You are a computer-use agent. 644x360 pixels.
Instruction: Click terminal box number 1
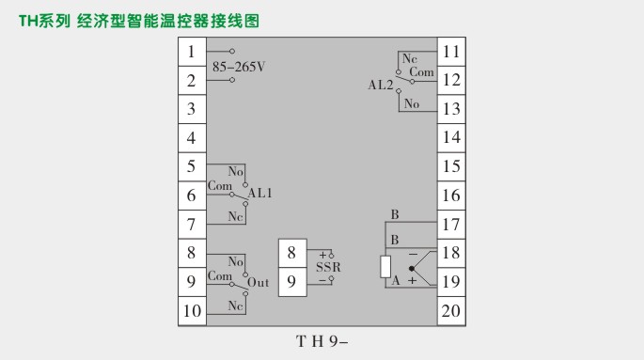pos(192,52)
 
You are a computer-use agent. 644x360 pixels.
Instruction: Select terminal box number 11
pos(451,52)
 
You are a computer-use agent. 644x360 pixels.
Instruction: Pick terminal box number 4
pos(192,138)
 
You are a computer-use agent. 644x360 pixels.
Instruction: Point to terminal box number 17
pos(451,225)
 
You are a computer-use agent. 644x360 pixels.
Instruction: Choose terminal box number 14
pos(451,138)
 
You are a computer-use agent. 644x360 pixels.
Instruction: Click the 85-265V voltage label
pos(240,67)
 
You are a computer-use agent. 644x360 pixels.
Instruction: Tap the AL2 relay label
pos(381,85)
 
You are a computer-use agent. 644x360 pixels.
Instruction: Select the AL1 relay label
pos(260,193)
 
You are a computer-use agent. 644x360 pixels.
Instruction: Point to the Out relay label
pos(258,281)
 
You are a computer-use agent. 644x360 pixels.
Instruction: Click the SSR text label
pos(328,267)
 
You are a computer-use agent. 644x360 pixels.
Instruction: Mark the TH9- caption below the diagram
pos(322,341)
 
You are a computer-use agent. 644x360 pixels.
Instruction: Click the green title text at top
pos(138,20)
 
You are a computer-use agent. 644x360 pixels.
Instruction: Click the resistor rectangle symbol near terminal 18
pos(385,267)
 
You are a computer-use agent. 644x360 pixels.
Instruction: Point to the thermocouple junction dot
pos(411,268)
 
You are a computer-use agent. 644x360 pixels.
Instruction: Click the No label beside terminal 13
pos(412,103)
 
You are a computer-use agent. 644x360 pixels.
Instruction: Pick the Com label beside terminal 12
pos(422,71)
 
